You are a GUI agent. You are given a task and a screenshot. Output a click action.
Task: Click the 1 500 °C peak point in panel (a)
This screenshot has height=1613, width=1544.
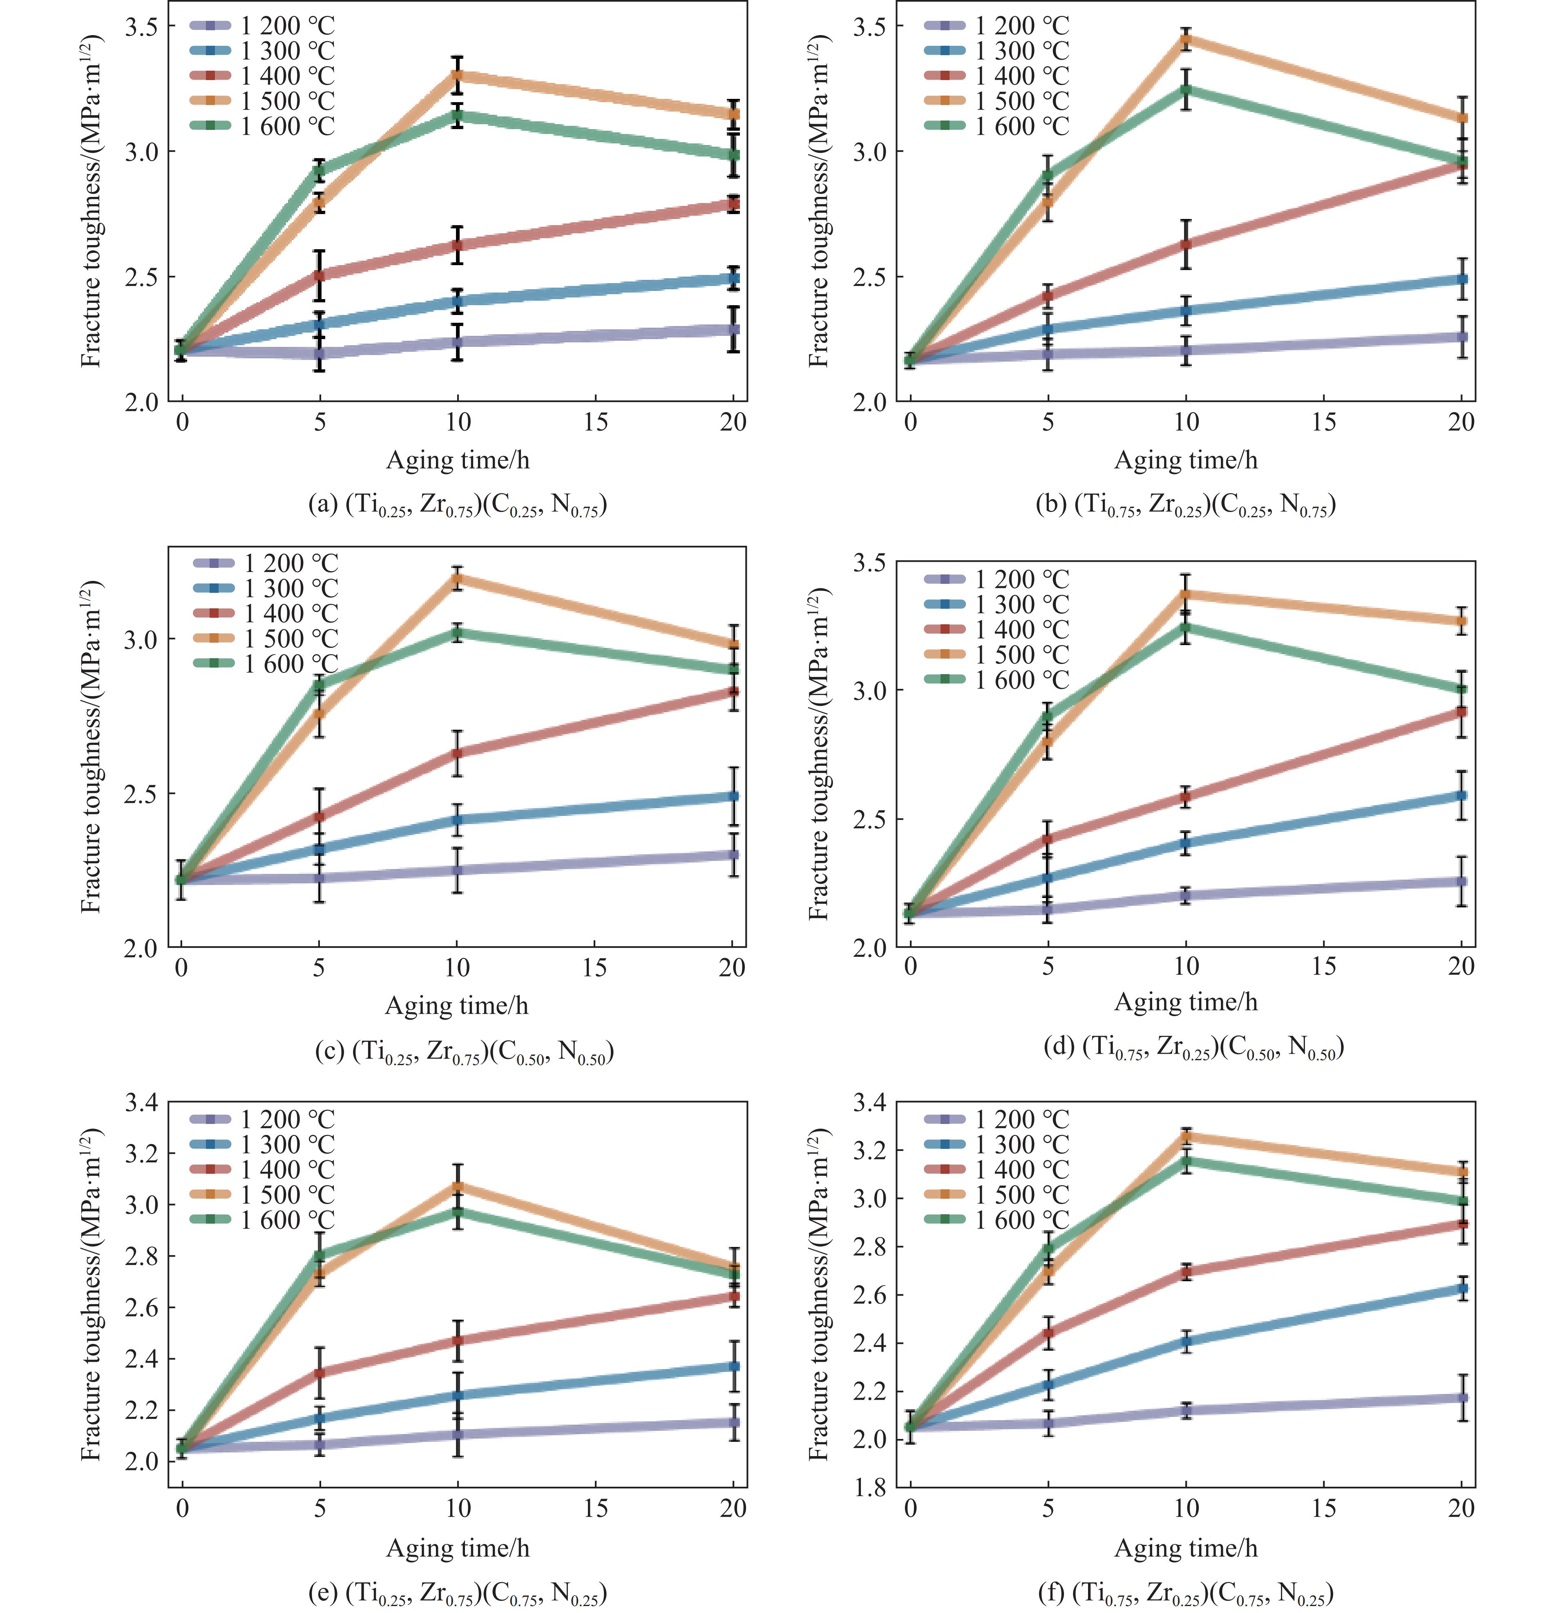[x=458, y=75]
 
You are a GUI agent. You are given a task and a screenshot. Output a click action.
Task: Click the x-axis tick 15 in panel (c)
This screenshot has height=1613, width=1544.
[x=594, y=968]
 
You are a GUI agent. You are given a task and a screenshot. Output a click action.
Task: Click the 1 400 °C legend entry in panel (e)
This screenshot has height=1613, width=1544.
[x=262, y=1169]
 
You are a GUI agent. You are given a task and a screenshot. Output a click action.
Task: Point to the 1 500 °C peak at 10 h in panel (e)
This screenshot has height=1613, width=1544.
[x=458, y=1186]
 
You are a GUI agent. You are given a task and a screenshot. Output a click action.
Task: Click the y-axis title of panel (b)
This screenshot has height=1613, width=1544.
[x=819, y=202]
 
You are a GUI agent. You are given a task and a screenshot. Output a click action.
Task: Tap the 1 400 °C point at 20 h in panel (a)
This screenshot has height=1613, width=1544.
[x=733, y=203]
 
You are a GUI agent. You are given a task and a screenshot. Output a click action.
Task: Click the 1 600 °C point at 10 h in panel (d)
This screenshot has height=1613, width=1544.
[x=1186, y=627]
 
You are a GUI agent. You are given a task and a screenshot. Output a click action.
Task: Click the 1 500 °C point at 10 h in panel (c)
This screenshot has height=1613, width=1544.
[x=457, y=578]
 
